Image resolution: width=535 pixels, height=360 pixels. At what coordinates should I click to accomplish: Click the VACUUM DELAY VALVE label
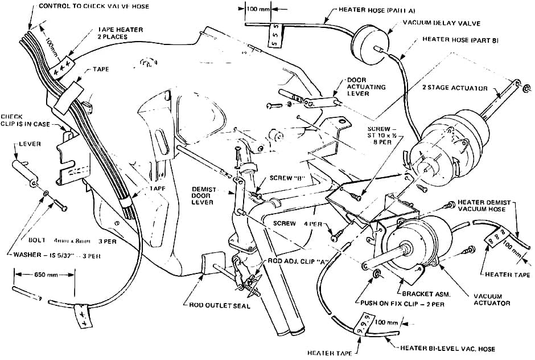click(441, 23)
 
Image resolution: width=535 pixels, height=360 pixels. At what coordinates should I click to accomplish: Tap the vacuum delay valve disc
click(368, 42)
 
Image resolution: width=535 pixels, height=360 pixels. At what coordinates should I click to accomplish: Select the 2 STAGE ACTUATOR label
click(455, 88)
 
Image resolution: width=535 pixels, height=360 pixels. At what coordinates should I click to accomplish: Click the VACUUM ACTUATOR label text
click(492, 299)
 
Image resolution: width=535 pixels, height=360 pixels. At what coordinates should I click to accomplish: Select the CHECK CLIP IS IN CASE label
click(25, 120)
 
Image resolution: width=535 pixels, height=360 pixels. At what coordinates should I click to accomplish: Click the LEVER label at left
click(30, 144)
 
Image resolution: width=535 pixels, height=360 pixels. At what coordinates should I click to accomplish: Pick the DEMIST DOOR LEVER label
click(203, 195)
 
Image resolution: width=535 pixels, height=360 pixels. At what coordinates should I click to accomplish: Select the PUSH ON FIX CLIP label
click(405, 302)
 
